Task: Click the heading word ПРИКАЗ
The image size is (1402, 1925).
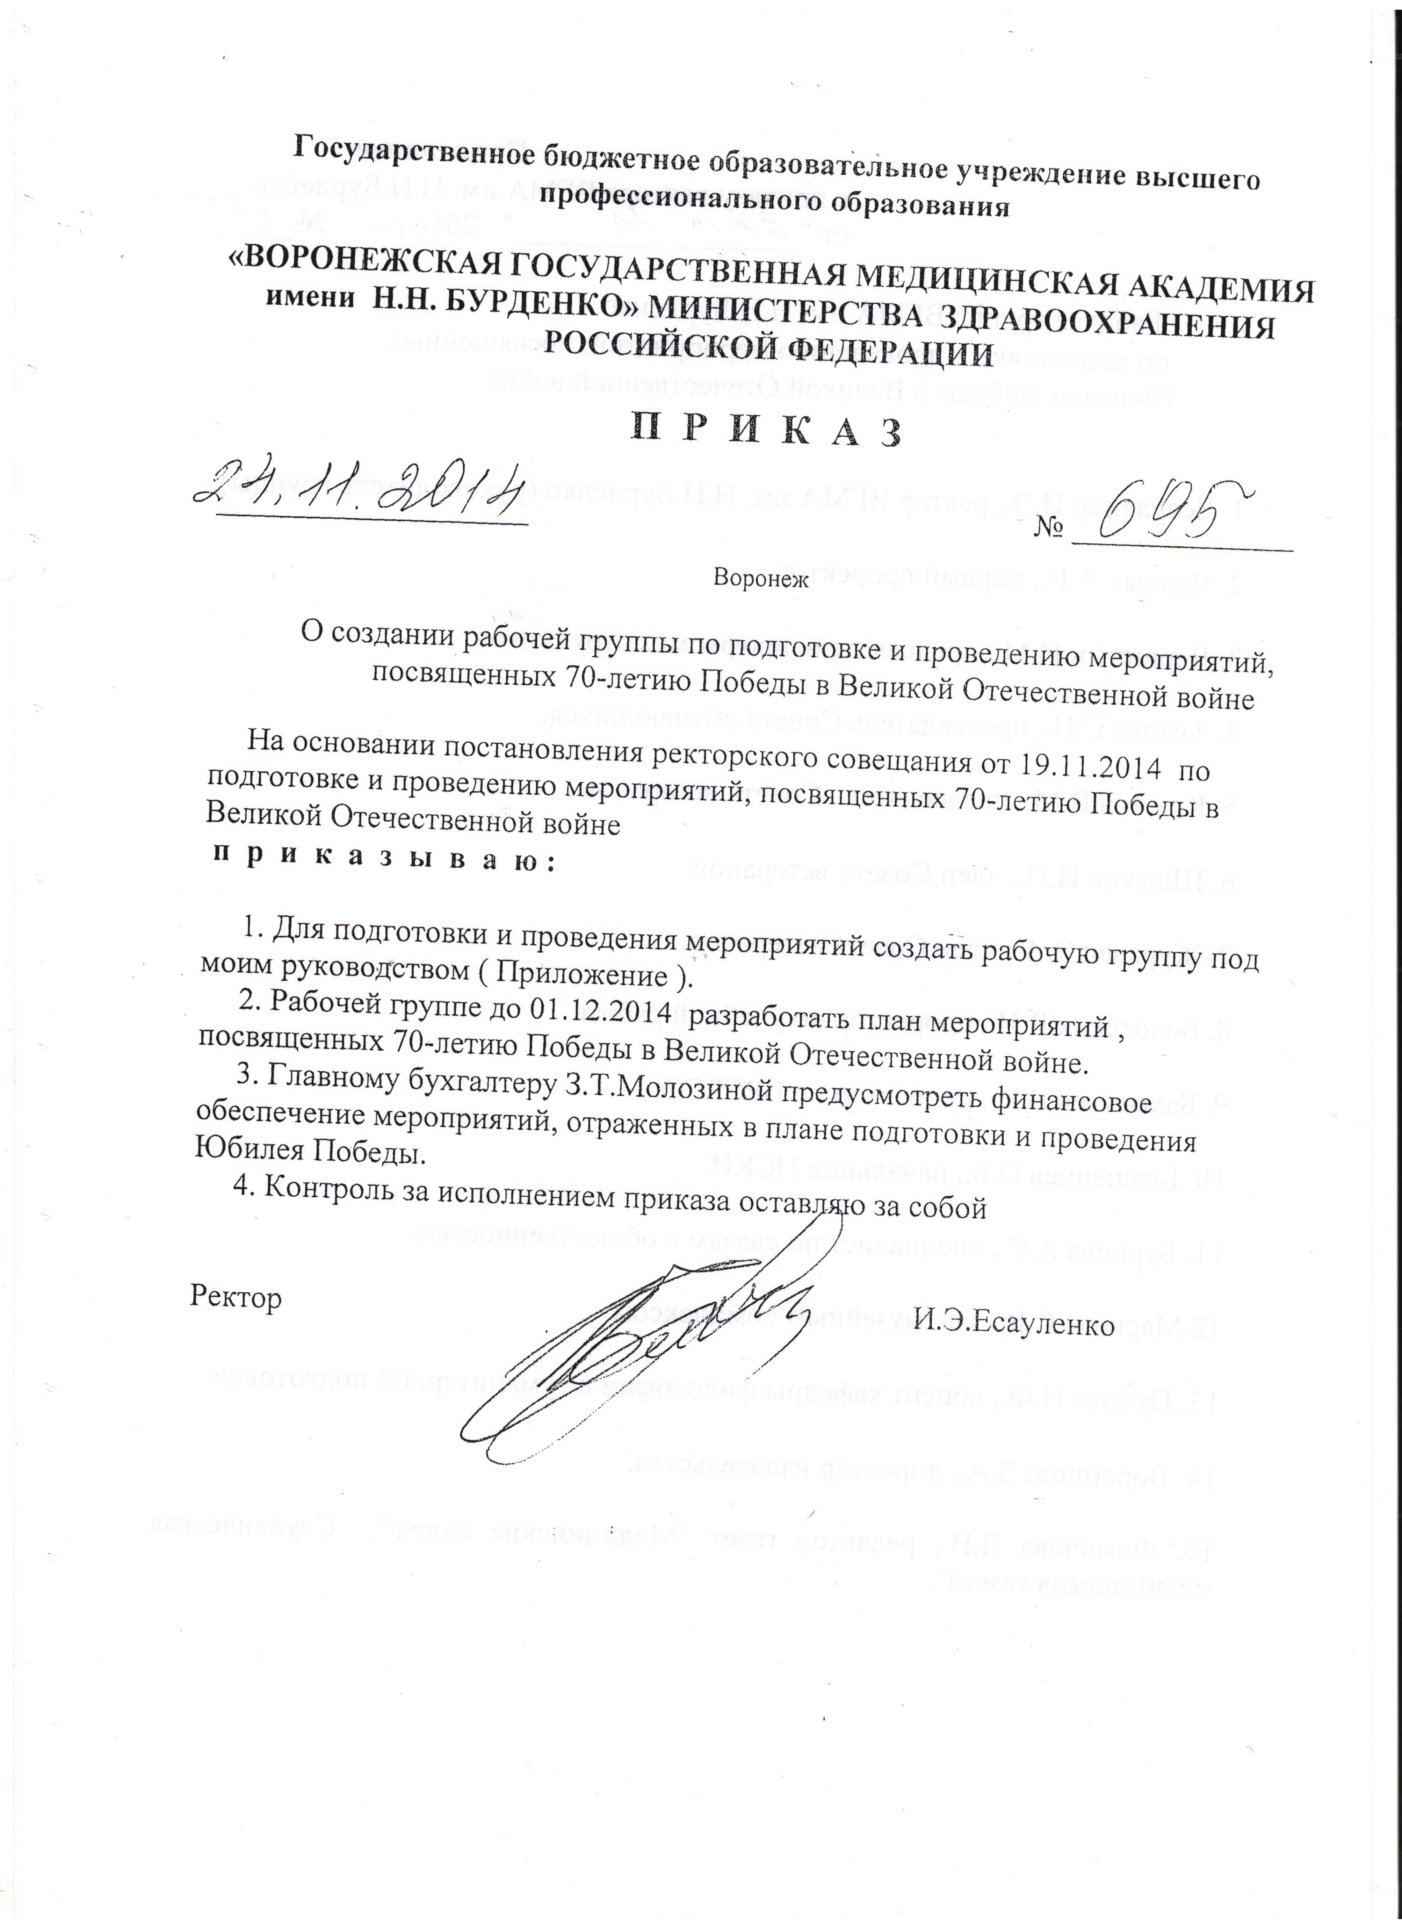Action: point(764,430)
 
